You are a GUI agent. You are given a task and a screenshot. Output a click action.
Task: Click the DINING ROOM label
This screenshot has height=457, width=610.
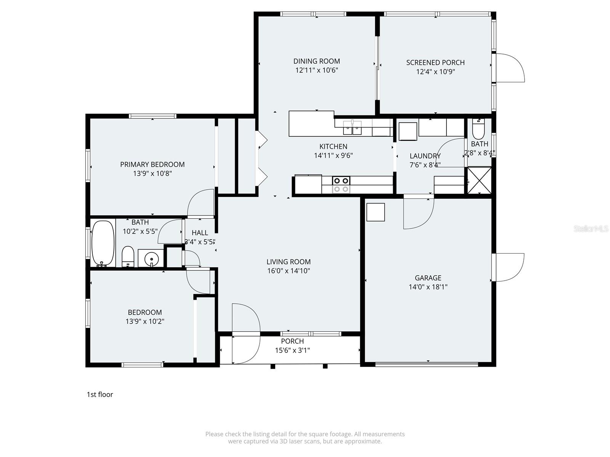[x=316, y=61]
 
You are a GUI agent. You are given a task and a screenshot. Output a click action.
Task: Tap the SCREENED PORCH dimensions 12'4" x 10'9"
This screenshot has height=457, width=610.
[x=435, y=72]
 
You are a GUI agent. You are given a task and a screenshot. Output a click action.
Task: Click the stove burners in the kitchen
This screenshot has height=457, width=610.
[x=341, y=185]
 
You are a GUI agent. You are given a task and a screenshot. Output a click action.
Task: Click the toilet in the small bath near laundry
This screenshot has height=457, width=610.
[x=478, y=129]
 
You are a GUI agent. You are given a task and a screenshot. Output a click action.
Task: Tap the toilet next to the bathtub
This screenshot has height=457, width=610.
[x=128, y=257]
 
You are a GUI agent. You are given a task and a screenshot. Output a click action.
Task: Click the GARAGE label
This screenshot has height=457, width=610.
[x=428, y=278]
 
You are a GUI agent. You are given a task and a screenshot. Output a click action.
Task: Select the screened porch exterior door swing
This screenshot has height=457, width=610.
[x=510, y=68]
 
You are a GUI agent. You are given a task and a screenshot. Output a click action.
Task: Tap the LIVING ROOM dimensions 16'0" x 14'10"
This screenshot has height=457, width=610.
[x=288, y=271]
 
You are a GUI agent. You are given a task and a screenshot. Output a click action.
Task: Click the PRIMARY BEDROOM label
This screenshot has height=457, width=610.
[x=152, y=165]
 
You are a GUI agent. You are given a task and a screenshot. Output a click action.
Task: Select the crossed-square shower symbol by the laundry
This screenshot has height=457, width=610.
[x=479, y=181]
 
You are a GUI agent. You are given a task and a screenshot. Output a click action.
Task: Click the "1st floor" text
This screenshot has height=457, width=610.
[x=100, y=395]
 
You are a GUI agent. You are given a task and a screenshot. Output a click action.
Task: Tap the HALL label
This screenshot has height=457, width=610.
[x=200, y=233]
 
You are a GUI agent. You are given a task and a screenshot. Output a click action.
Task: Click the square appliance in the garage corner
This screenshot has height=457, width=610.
[x=376, y=212]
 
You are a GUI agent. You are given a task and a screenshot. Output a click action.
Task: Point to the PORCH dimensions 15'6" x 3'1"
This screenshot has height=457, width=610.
[x=292, y=350]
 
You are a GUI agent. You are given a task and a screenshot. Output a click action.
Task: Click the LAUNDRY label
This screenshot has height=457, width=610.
[x=425, y=156]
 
